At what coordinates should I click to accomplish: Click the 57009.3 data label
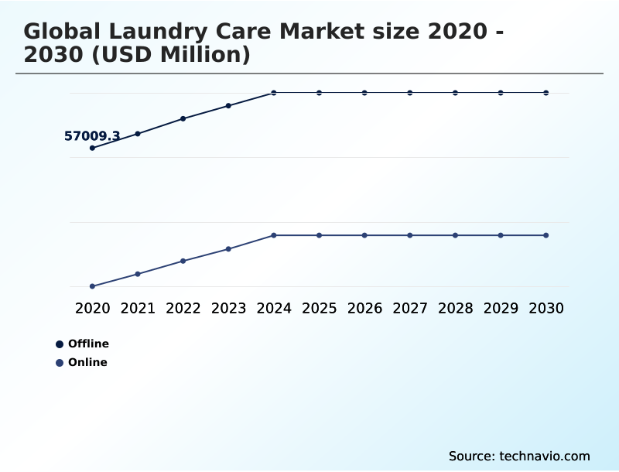92,136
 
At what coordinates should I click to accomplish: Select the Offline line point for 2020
93,148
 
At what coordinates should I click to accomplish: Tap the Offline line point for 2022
183,118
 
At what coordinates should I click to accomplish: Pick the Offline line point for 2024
274,93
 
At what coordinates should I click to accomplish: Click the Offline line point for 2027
410,93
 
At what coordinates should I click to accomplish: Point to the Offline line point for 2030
546,93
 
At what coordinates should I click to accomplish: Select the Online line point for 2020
93,286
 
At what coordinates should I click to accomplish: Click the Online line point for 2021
138,274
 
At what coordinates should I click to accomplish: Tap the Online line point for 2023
228,249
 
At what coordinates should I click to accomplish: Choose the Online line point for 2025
319,235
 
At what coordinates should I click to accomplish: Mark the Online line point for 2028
455,235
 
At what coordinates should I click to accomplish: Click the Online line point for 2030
546,235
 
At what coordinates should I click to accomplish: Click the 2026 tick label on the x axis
364,308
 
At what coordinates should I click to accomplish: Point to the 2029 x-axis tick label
501,308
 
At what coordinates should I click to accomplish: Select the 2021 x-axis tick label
138,308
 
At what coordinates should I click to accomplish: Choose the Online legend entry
87,362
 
